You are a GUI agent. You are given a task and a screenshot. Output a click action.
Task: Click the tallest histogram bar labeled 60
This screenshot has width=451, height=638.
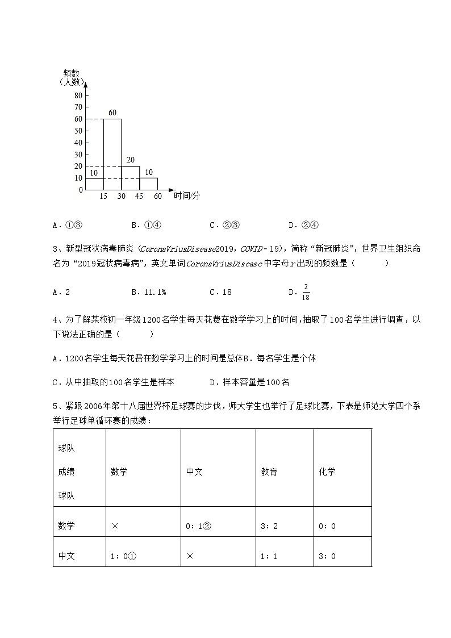[112, 153]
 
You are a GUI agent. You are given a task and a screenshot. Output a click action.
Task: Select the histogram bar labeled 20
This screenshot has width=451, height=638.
[131, 178]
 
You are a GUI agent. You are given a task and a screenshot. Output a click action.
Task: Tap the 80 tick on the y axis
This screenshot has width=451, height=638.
[78, 95]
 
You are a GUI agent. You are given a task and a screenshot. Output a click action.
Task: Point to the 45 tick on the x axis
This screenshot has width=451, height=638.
[140, 197]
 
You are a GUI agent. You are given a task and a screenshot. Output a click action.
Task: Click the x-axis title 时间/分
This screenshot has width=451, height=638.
[187, 195]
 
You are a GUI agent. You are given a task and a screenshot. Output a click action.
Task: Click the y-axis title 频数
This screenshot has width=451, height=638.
[71, 73]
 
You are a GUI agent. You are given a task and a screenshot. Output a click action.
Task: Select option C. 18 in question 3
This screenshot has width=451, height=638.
[220, 292]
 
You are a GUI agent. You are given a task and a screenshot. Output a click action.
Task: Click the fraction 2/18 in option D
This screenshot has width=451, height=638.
[306, 292]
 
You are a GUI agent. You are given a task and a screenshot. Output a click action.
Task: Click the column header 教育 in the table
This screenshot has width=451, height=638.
[269, 472]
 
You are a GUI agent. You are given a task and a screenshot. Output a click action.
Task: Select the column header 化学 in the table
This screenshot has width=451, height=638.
[327, 472]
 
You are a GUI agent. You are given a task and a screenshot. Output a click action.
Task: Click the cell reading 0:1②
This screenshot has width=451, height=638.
[199, 526]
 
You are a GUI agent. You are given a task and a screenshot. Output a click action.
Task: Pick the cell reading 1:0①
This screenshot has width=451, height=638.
[123, 556]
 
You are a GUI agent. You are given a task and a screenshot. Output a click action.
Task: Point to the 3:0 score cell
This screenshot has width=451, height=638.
[327, 556]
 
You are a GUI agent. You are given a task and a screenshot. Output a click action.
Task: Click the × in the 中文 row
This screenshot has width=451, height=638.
[190, 556]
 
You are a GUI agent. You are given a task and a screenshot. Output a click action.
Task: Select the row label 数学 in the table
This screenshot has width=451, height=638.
[66, 526]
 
